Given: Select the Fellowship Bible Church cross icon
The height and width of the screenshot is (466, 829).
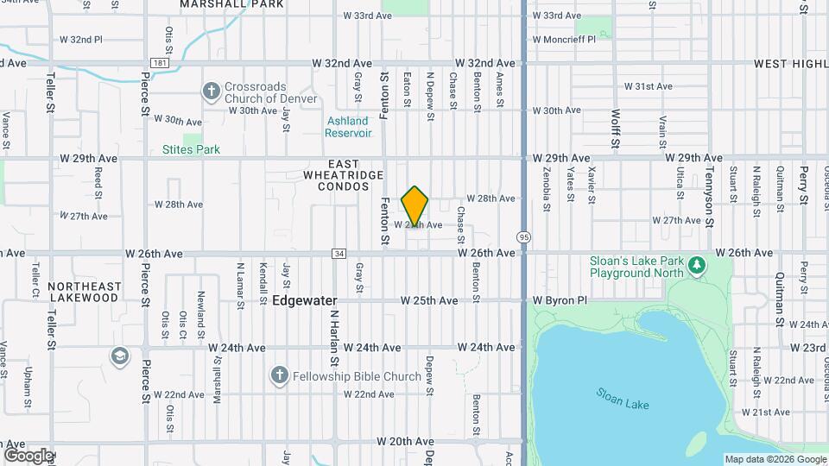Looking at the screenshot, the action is pos(278,375).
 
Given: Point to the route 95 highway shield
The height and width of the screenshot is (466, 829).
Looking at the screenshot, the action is pos(524,236).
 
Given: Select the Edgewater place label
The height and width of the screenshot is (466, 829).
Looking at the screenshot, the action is pos(304,301).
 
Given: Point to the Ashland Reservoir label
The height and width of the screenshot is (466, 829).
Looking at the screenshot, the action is pos(348,127).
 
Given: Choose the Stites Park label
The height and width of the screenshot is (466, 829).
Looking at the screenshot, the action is pos(191,149).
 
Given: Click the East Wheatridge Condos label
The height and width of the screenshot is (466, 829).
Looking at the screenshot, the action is pos(343,175).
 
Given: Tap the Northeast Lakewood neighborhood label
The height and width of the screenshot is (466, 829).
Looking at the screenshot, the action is pos(84,292).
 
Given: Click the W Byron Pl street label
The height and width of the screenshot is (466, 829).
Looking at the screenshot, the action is pos(560,301).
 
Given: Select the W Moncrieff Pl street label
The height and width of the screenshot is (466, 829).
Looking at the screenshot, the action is pos(571,40).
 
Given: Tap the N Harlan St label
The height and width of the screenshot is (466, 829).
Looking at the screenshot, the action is pos(331,337).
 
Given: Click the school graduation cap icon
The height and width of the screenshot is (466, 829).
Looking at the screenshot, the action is pos(119,356).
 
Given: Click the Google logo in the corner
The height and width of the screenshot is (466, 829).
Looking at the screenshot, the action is pos(28,455).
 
